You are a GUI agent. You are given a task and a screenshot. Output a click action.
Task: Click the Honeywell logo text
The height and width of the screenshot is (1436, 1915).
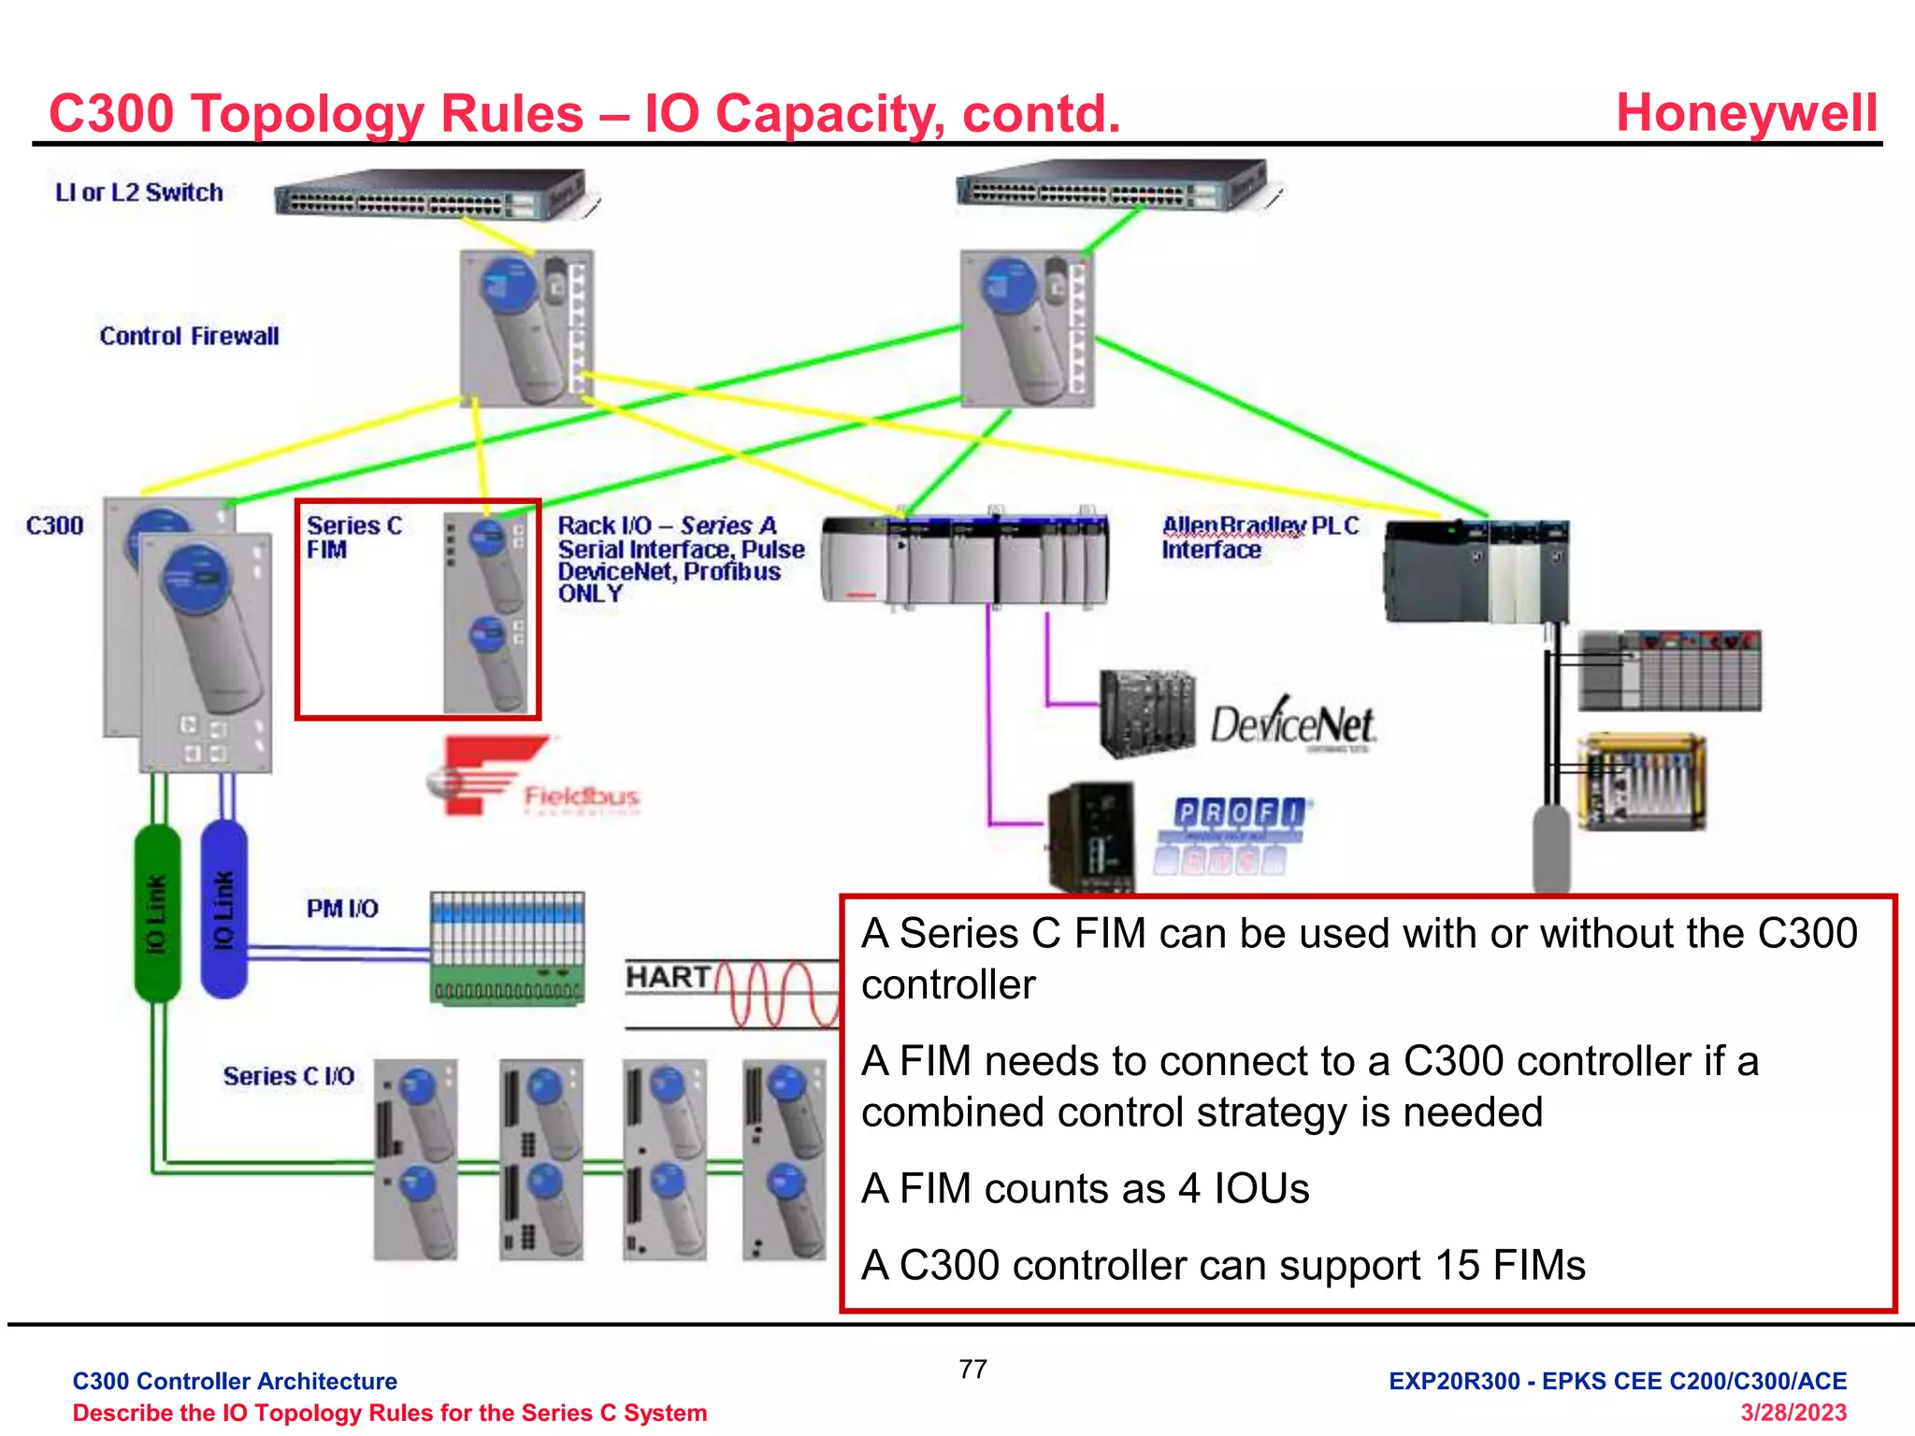(x=1746, y=113)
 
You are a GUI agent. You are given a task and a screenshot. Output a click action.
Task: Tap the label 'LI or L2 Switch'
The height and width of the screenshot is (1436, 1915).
(x=139, y=193)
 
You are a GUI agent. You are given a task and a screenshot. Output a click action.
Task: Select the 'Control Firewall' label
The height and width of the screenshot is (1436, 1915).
(x=189, y=336)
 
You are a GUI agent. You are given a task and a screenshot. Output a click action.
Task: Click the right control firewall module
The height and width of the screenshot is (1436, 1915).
(x=1027, y=327)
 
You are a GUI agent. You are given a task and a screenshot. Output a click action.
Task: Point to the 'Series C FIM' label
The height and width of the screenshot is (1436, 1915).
(x=353, y=538)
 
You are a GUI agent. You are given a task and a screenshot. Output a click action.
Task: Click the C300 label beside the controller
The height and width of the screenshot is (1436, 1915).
(x=54, y=525)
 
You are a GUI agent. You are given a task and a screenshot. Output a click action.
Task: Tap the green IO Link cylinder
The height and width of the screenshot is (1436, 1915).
(x=157, y=912)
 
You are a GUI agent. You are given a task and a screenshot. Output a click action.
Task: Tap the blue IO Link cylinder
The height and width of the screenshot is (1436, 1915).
(x=224, y=910)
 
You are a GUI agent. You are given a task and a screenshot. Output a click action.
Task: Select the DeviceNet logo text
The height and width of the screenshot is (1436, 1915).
(x=1292, y=725)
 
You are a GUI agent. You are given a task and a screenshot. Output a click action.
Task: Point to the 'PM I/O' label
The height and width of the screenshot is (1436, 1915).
(x=342, y=909)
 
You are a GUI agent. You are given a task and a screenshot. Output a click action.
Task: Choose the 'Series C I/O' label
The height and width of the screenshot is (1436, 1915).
(x=288, y=1076)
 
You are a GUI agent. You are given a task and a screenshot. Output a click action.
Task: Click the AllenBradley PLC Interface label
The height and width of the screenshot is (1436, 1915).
(x=1259, y=538)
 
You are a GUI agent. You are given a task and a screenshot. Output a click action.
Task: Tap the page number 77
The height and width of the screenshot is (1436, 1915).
(x=972, y=1369)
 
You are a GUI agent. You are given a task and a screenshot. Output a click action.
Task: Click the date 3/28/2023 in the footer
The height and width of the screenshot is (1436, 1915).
(x=1793, y=1412)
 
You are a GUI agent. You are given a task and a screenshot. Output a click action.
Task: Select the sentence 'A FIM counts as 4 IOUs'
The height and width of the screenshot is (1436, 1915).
(x=1085, y=1188)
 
